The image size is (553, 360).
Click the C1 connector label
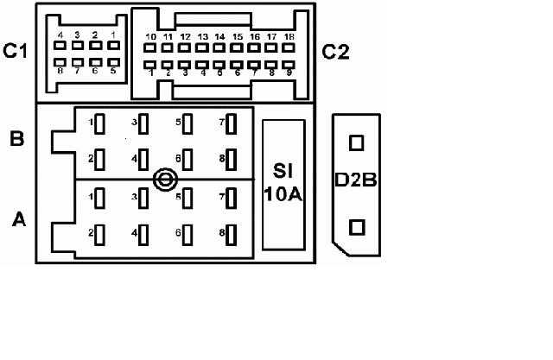(16, 53)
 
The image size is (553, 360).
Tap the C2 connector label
(335, 53)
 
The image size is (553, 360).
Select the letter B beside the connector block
(16, 138)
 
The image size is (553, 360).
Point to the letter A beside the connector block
(18, 221)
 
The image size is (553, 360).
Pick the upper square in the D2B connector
(356, 142)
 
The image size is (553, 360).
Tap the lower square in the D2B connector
(356, 226)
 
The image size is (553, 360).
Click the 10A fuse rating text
(283, 193)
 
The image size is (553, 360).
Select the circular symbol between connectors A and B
(164, 180)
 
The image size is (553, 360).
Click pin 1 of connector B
(99, 123)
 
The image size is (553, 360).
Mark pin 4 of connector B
(144, 160)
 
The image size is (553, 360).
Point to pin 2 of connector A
(99, 234)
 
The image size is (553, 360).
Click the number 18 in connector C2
(289, 38)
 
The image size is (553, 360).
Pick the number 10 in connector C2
(150, 38)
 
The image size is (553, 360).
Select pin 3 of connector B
(144, 123)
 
